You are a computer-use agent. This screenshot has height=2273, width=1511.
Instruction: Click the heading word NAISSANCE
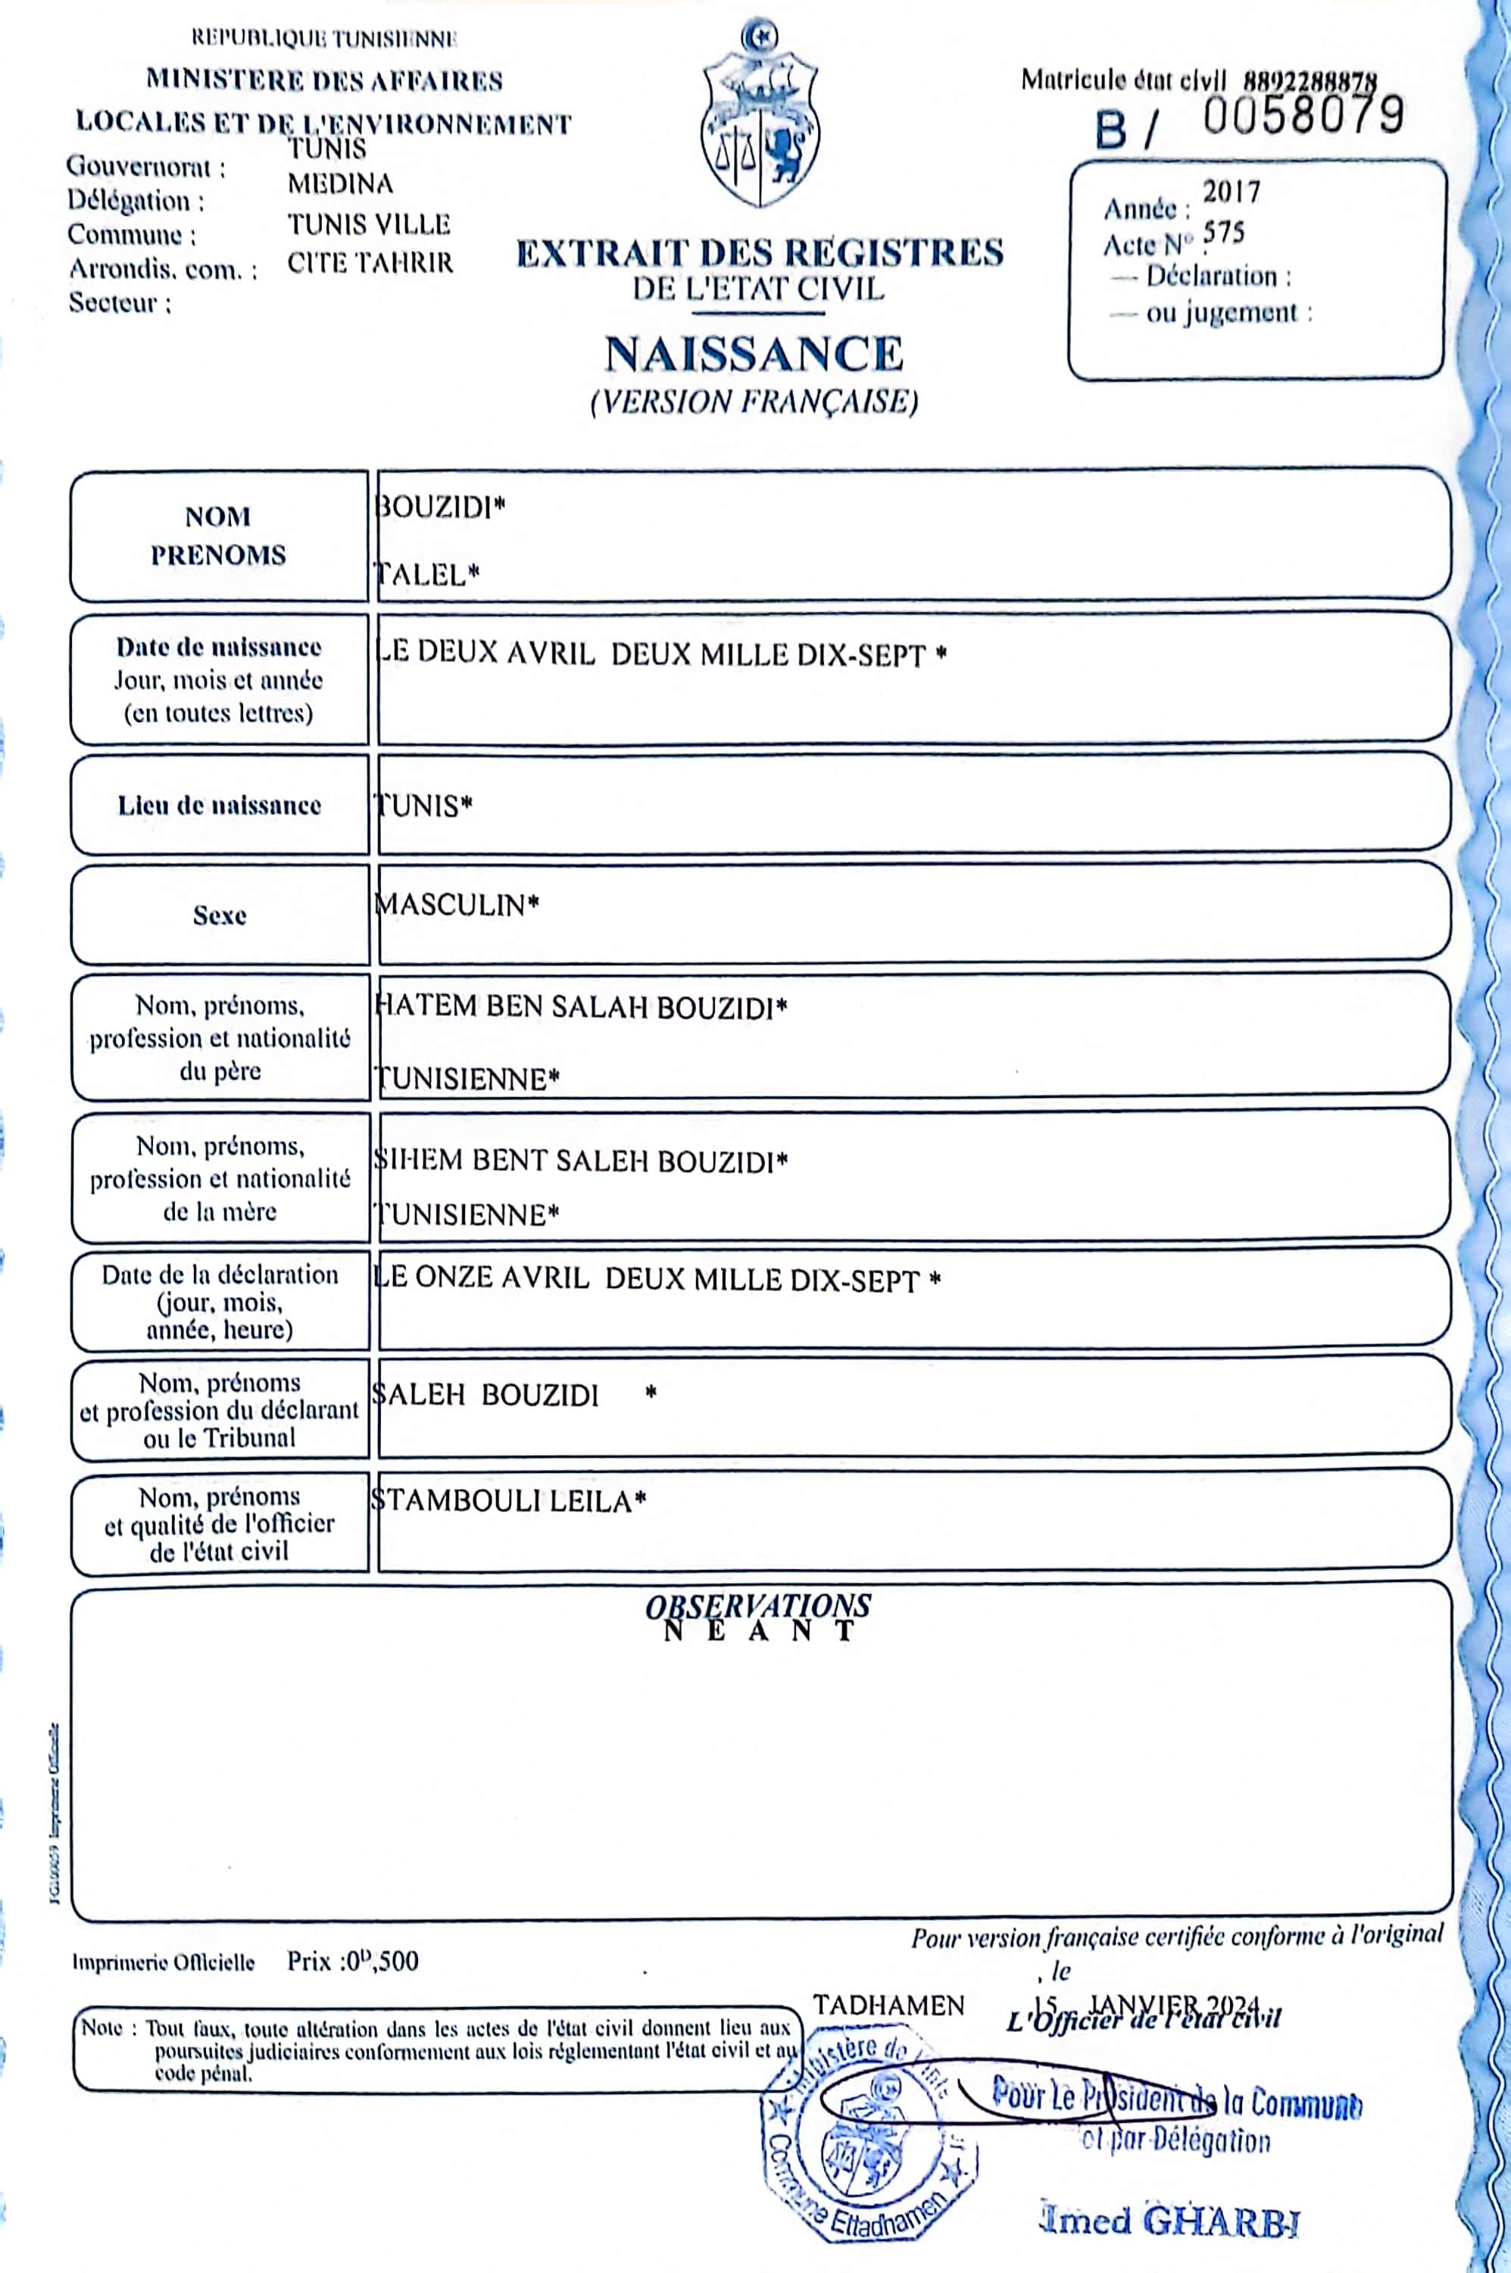click(x=754, y=354)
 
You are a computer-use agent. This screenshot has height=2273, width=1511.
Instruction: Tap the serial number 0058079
click(x=1302, y=117)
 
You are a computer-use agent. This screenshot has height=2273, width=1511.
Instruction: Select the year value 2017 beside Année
click(x=1231, y=192)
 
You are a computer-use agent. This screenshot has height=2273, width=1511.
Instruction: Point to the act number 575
click(x=1224, y=233)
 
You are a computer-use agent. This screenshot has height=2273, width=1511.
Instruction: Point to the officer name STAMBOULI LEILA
click(x=507, y=1501)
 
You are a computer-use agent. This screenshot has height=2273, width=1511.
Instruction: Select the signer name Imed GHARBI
click(x=1170, y=2221)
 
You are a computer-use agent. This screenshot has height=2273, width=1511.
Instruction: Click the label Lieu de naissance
click(x=220, y=806)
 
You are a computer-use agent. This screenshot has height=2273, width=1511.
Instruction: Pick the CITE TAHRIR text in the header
click(x=370, y=263)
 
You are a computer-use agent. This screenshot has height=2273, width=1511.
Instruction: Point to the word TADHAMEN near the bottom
click(x=888, y=2006)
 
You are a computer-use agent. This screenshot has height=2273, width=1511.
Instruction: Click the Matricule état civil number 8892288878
click(x=1310, y=82)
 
